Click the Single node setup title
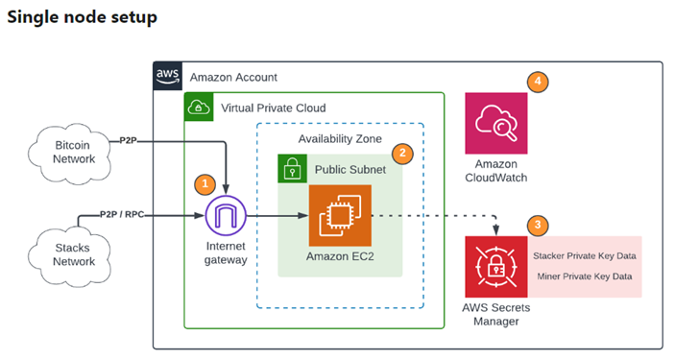pyautogui.click(x=82, y=17)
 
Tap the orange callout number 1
pyautogui.click(x=203, y=183)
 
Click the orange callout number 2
pyautogui.click(x=404, y=152)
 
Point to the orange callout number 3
pyautogui.click(x=539, y=226)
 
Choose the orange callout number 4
pyautogui.click(x=539, y=83)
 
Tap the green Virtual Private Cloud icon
pyautogui.click(x=198, y=107)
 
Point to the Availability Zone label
pyautogui.click(x=340, y=139)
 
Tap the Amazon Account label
pyautogui.click(x=234, y=77)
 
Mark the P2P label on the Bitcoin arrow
pyautogui.click(x=128, y=141)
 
